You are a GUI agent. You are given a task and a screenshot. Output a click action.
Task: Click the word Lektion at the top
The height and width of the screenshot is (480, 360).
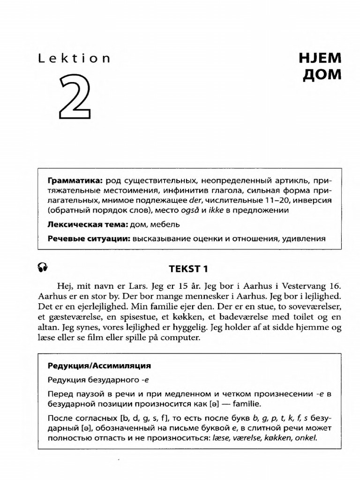tap(74, 59)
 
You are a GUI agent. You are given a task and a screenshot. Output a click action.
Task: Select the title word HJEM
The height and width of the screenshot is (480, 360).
tap(320, 59)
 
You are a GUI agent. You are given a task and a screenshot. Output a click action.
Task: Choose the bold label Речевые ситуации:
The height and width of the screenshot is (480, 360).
tap(89, 239)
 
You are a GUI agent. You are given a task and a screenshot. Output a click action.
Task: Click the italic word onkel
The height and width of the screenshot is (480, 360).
tap(306, 438)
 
